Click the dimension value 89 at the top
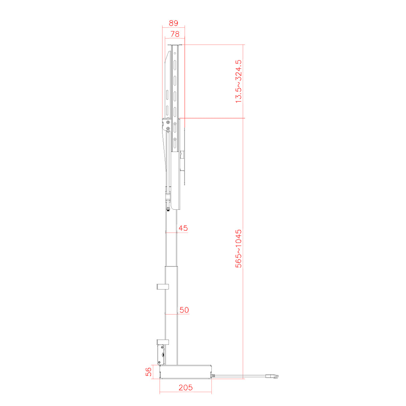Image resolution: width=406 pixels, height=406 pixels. [174, 23]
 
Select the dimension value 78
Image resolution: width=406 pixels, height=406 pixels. [175, 34]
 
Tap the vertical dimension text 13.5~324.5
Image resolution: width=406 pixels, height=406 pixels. [239, 81]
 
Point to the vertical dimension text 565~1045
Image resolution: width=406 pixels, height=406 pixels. [239, 249]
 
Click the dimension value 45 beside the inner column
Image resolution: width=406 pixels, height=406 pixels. [183, 228]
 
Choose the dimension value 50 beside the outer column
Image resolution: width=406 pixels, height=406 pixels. [184, 310]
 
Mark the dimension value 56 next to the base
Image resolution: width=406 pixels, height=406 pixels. [149, 371]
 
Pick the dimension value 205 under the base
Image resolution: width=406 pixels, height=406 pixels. [186, 388]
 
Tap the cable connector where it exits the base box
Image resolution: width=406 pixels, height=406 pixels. [213, 376]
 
